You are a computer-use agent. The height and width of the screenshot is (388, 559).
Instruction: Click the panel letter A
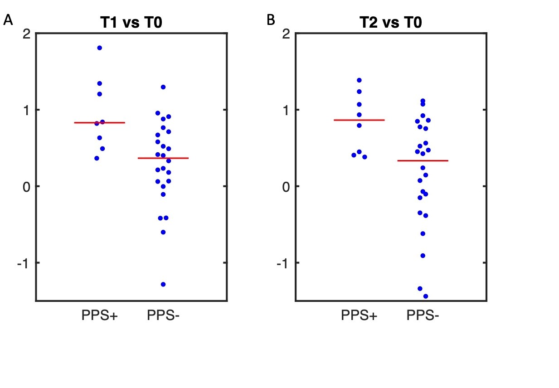pos(8,20)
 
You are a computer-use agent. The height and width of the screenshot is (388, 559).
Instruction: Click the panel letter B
pos(271,20)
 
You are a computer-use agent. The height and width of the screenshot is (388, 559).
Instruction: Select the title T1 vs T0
pos(131,22)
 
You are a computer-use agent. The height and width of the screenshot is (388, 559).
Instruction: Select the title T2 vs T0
pos(390,22)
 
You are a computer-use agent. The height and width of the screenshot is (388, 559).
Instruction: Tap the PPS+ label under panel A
pos(99,316)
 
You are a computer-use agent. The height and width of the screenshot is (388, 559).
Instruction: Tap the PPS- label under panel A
pos(163,316)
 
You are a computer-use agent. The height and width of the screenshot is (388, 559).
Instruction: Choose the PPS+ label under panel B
pos(359,316)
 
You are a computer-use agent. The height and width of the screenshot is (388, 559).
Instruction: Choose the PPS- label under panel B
pos(423,316)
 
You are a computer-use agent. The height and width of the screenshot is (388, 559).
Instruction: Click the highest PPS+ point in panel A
pos(100,48)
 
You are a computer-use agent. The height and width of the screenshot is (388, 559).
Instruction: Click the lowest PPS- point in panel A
pos(163,284)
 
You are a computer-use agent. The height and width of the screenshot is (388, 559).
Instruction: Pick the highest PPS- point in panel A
pos(163,87)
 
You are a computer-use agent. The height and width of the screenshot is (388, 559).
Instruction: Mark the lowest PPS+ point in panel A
pos(97,158)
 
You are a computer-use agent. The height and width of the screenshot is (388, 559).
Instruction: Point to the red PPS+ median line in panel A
pos(99,122)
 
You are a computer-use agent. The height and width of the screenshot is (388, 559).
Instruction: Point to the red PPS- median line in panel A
pos(163,158)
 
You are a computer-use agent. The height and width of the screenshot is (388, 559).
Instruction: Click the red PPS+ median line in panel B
pos(359,120)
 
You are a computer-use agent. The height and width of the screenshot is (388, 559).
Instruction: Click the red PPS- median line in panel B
pos(423,160)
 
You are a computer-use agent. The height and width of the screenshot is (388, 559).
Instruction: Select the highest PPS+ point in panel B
pos(359,80)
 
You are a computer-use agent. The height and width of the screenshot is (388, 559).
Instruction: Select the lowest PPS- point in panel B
pos(426,296)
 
